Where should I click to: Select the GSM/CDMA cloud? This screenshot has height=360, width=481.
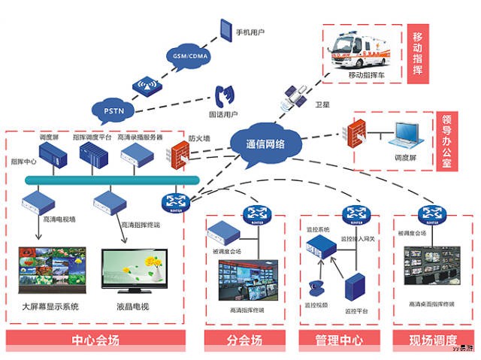[186, 57]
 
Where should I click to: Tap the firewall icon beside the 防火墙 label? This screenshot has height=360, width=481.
[179, 154]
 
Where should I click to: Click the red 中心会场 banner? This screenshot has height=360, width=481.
[95, 340]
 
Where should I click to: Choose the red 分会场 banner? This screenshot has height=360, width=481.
[246, 340]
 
